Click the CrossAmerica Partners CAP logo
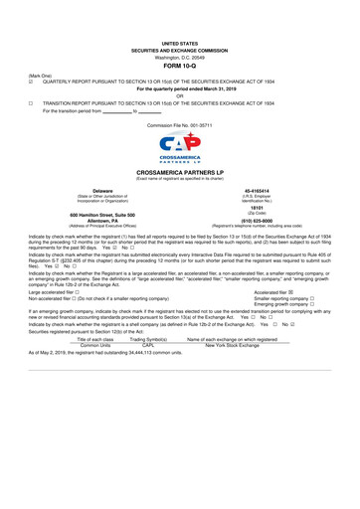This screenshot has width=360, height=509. (x=180, y=151)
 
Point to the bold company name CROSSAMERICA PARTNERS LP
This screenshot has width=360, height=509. (x=180, y=172)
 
